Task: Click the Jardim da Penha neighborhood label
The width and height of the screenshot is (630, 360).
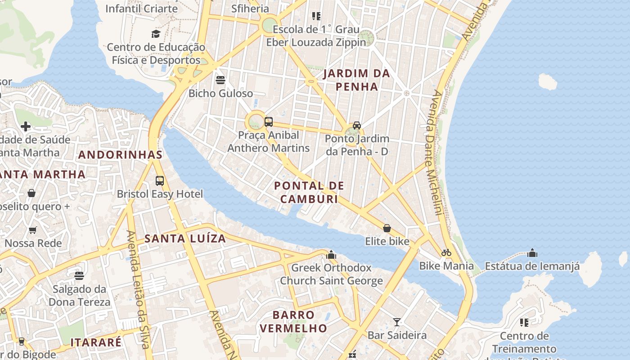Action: (x=356, y=80)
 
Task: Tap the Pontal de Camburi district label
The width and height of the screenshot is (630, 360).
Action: (x=309, y=192)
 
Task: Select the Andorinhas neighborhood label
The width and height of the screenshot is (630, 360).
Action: (x=120, y=155)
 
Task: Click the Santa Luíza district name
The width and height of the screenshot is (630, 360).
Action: (x=185, y=238)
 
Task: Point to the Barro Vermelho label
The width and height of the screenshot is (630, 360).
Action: (x=293, y=321)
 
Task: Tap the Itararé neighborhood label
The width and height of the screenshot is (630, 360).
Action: (x=96, y=342)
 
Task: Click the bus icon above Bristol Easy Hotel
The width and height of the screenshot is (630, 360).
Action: (x=160, y=181)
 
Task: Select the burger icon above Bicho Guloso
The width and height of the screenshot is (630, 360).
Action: (x=220, y=80)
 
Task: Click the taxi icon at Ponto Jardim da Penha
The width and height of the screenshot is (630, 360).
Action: (x=357, y=126)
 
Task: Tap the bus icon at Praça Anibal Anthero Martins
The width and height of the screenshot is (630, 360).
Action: (x=269, y=121)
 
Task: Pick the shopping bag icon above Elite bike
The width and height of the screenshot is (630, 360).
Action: (x=387, y=228)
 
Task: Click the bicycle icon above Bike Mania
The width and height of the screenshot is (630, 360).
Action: (x=446, y=252)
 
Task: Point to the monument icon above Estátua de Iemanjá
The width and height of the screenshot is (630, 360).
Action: (x=532, y=253)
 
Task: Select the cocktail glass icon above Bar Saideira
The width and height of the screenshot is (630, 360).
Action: (x=397, y=322)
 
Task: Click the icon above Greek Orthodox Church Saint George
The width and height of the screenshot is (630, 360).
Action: (x=332, y=255)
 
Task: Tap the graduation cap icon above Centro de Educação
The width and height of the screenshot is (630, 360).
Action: (x=156, y=34)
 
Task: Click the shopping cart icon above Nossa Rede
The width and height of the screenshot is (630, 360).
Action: (x=33, y=230)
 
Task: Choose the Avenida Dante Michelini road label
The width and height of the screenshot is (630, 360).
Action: (x=432, y=153)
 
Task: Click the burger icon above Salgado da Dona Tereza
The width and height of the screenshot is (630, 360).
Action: (x=79, y=275)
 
